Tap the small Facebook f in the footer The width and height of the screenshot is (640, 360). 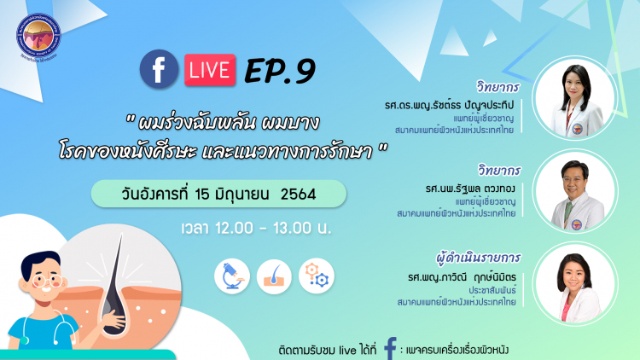(x=390, y=348)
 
